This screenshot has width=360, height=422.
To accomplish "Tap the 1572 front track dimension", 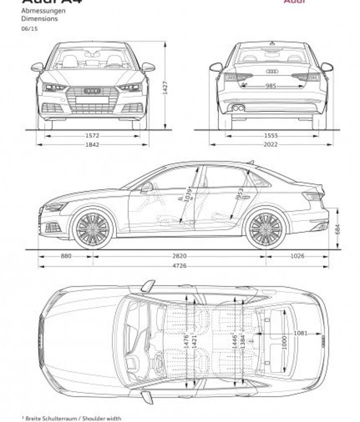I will click(x=92, y=135).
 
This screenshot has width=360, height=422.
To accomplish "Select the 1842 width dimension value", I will click(x=92, y=145).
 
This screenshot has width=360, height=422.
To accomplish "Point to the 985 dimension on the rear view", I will click(x=270, y=86).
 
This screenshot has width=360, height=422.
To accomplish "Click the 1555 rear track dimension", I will click(x=271, y=135).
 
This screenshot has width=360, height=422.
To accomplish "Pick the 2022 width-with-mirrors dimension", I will click(x=271, y=145).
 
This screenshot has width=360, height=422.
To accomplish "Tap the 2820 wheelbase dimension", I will click(x=179, y=256).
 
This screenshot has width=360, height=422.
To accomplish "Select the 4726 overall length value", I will click(x=179, y=266).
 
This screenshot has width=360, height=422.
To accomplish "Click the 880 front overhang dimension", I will click(x=66, y=256).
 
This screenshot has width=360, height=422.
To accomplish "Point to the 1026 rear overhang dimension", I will click(x=297, y=256).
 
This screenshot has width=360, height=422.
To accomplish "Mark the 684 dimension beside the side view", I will click(x=337, y=229).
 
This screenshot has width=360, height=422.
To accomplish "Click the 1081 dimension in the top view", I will click(x=300, y=333).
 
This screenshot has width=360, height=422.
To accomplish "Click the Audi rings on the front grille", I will click(x=92, y=90).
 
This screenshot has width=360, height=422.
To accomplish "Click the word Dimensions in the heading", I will click(x=39, y=18).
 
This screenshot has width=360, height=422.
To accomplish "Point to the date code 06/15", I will click(x=29, y=28).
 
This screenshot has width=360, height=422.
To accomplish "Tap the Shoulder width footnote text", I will click(x=72, y=419).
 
